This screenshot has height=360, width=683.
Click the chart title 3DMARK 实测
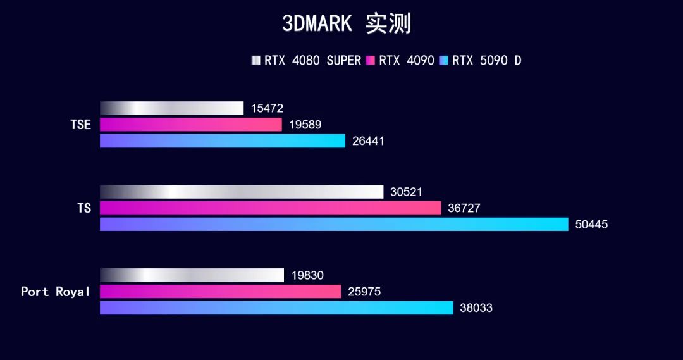click(x=346, y=24)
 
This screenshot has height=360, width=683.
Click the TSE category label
click(x=80, y=125)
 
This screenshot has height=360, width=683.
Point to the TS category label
click(x=84, y=208)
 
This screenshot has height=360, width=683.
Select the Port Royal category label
click(x=56, y=292)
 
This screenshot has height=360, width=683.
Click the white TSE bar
click(x=171, y=108)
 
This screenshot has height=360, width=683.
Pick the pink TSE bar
click(x=190, y=125)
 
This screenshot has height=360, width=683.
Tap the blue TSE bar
click(x=223, y=141)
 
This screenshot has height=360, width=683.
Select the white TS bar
click(x=242, y=192)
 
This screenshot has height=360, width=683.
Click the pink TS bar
click(x=270, y=208)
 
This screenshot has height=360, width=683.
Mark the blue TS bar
click(x=334, y=224)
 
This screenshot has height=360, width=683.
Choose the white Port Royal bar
click(x=192, y=275)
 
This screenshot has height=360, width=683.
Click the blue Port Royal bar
click(x=276, y=308)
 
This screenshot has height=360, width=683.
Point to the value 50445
click(x=591, y=225)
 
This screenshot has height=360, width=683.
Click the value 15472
click(x=267, y=109)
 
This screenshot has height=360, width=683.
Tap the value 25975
click(x=364, y=292)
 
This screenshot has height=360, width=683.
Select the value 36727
click(x=464, y=208)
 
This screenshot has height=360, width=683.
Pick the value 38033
click(x=476, y=308)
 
